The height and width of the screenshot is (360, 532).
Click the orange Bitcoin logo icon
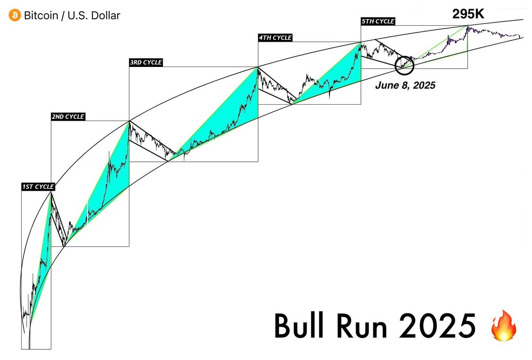click(x=15, y=16)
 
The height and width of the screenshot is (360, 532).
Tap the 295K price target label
click(x=468, y=14)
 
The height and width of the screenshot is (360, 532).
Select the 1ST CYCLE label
click(x=38, y=187)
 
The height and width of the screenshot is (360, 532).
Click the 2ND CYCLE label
click(x=68, y=117)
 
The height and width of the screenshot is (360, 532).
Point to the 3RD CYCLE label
click(x=145, y=63)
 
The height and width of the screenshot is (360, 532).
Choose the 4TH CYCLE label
click(x=275, y=38)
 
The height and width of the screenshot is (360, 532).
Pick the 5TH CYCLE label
click(x=378, y=21)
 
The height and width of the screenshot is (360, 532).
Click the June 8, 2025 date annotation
click(x=405, y=86)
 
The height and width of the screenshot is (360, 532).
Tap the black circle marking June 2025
click(x=404, y=65)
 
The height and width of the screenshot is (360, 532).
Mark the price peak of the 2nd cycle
click(x=129, y=121)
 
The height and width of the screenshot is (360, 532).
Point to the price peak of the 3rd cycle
click(x=258, y=67)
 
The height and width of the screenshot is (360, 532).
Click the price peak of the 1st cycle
click(x=51, y=192)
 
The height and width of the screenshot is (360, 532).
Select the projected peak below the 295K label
click(x=467, y=27)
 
